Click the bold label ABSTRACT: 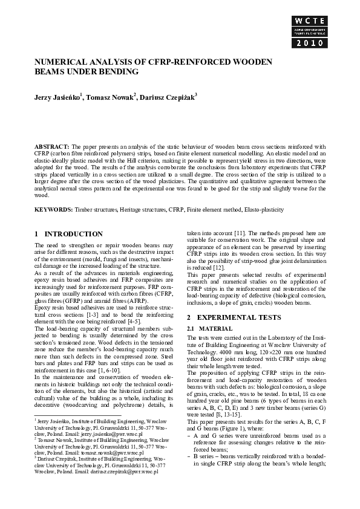pos(52,147)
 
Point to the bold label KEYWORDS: pos(54,209)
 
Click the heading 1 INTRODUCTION pos(68,234)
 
